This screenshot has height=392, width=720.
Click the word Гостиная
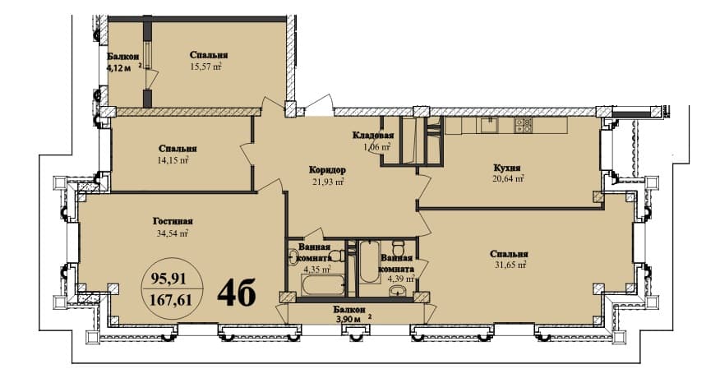(x=173, y=220)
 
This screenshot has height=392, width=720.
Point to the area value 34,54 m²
(x=171, y=233)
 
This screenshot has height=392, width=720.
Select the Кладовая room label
(x=373, y=135)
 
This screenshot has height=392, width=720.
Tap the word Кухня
(x=507, y=166)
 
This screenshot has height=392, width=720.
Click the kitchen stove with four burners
(x=524, y=125)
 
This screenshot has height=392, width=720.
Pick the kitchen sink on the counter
(x=488, y=125)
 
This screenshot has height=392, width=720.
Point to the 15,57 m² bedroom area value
(x=207, y=68)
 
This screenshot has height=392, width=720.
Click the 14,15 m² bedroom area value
(x=177, y=161)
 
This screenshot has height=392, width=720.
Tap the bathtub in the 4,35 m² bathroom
(x=324, y=286)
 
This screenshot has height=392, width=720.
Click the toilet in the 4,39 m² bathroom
(x=399, y=248)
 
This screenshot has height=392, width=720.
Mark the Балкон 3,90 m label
(x=349, y=314)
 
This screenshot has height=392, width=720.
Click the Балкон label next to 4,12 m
(x=122, y=56)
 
